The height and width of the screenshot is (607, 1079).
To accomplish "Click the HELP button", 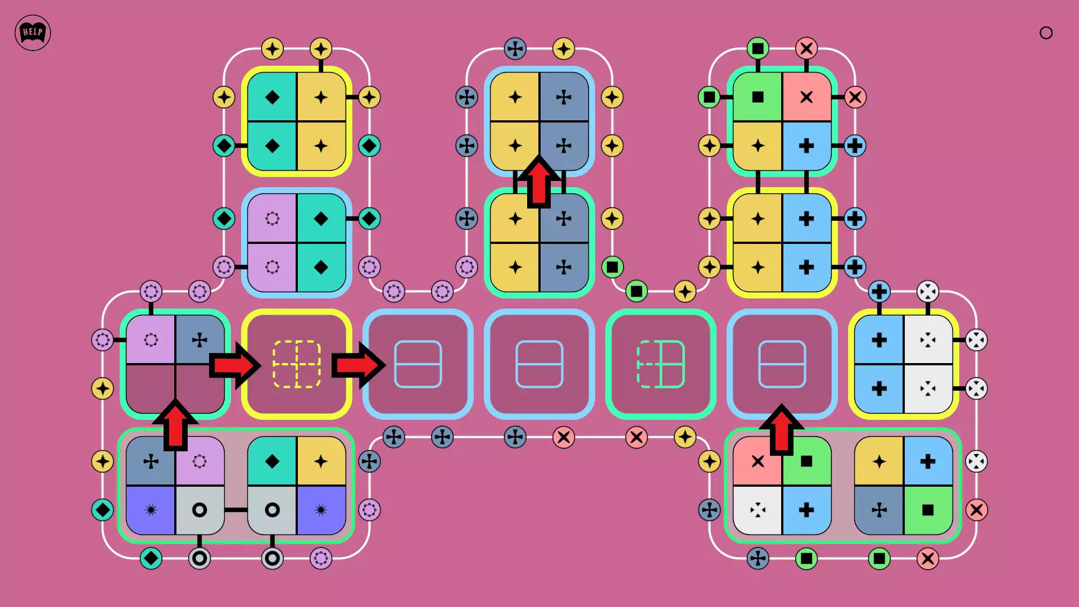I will click(33, 33).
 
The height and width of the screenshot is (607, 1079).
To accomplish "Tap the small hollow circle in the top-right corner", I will click(1046, 33).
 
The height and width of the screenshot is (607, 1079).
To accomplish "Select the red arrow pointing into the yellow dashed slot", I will click(235, 365).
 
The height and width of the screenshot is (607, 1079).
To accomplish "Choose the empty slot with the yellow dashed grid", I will click(297, 364).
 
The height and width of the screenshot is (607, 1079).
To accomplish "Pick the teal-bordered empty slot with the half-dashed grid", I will click(660, 364).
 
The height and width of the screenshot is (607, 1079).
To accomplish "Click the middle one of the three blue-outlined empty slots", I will click(539, 364).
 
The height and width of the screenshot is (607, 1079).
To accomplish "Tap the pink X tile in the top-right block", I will click(806, 97).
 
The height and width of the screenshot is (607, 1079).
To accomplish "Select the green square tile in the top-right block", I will click(758, 97).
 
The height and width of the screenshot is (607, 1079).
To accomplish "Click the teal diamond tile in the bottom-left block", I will click(272, 461).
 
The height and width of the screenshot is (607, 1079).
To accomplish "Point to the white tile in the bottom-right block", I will click(758, 510).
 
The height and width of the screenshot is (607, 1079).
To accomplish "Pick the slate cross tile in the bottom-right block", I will click(879, 510).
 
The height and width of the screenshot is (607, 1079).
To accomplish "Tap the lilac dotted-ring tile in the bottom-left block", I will click(200, 461).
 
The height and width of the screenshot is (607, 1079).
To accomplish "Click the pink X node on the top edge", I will click(806, 48).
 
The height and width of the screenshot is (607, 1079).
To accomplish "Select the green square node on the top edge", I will click(758, 48).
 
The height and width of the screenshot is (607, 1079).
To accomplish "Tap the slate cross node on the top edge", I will click(515, 48).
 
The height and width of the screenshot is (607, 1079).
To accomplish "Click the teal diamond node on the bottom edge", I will click(151, 559).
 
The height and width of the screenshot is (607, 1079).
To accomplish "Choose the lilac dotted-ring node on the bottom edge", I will click(321, 559).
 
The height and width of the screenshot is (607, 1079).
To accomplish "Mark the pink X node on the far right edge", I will click(977, 510).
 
